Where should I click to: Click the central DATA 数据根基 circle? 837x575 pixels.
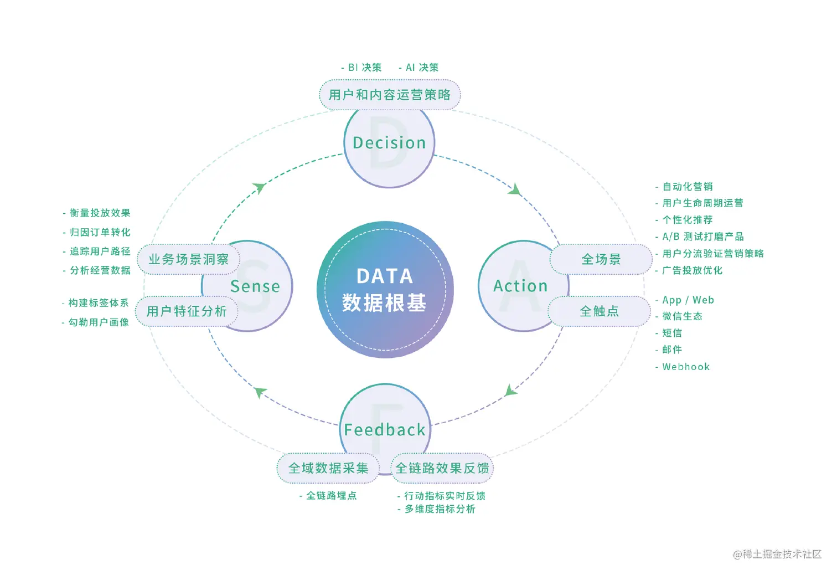tap(385, 290)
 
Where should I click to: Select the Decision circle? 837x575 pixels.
tap(389, 143)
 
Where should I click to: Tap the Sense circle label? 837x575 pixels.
tap(255, 286)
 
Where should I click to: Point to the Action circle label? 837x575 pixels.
tap(520, 286)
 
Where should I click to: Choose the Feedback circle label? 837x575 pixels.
tap(385, 430)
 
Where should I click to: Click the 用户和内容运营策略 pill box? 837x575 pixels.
tap(390, 95)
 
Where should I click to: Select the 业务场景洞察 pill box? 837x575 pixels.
tap(188, 259)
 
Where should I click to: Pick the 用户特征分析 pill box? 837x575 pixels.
tap(187, 311)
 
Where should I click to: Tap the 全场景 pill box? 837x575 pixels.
tap(601, 259)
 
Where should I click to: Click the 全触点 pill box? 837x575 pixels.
tap(599, 311)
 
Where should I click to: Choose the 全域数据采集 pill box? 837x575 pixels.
tap(328, 468)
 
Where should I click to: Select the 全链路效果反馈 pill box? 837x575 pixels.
tap(442, 468)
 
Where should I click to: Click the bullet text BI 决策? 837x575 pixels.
tap(364, 68)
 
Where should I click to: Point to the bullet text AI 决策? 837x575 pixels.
tap(421, 68)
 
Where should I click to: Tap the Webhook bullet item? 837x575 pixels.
tap(685, 367)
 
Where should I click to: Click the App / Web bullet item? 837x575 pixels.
tap(688, 300)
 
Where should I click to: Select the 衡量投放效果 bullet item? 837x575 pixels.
tap(100, 213)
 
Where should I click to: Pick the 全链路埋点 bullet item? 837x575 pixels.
tap(331, 496)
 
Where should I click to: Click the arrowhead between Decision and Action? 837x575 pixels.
tap(515, 190)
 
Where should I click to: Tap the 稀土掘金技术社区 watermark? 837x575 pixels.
tap(777, 554)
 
